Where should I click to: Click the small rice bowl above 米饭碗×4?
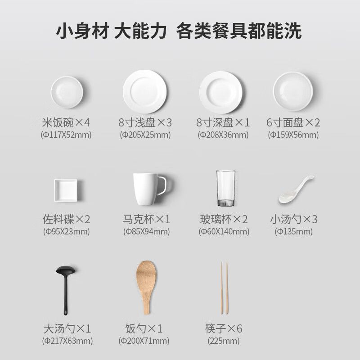point(67,92)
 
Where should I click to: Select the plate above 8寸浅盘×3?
point(144,92)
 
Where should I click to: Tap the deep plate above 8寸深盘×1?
point(221,92)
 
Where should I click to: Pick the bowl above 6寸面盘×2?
point(293,91)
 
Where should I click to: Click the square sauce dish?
point(66,190)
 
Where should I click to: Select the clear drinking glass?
point(226,188)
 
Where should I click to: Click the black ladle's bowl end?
point(66,270)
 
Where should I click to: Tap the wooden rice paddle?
point(147,287)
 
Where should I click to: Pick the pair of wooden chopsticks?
point(224,288)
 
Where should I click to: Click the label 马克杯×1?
point(147,219)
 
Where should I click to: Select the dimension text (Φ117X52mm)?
point(66,135)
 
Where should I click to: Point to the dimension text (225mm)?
point(224,341)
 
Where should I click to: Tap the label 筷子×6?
point(224,328)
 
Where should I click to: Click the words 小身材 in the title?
point(82,31)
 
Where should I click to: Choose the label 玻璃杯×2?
point(224,219)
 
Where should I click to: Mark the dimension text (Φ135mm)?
point(294,231)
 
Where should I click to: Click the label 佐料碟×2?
point(66,219)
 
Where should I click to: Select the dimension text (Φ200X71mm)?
point(144,341)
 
